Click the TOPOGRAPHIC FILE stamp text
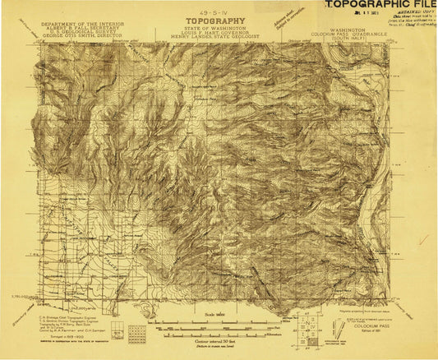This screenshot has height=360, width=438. click(x=379, y=6)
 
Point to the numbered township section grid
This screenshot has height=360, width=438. click(x=119, y=332)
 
